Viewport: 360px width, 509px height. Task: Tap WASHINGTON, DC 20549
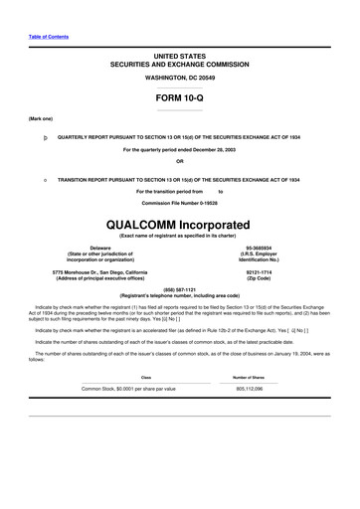(x=179, y=77)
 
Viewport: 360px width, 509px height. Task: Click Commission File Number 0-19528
(x=179, y=202)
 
